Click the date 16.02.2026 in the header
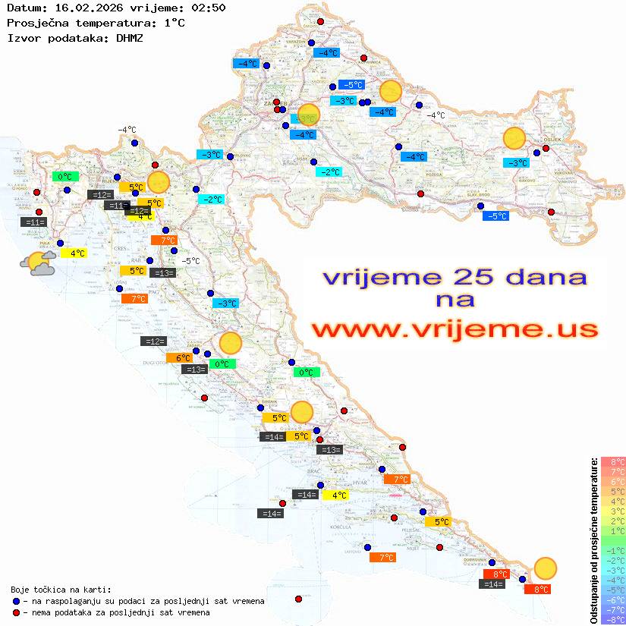point(86,8)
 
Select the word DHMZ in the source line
point(130,37)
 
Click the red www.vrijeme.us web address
point(454,329)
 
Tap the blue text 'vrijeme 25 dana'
point(454,277)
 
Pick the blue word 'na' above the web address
point(455,300)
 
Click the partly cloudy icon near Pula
point(38,263)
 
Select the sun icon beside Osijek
point(514,140)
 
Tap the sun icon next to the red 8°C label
point(545,568)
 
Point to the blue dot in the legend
point(16,601)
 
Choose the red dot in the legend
point(16,612)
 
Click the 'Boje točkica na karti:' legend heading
point(61,590)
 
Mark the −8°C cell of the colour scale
point(613,619)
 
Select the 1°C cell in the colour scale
point(613,530)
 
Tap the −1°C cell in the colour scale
point(613,550)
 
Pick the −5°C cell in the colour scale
point(613,590)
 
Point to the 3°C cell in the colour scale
point(613,511)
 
